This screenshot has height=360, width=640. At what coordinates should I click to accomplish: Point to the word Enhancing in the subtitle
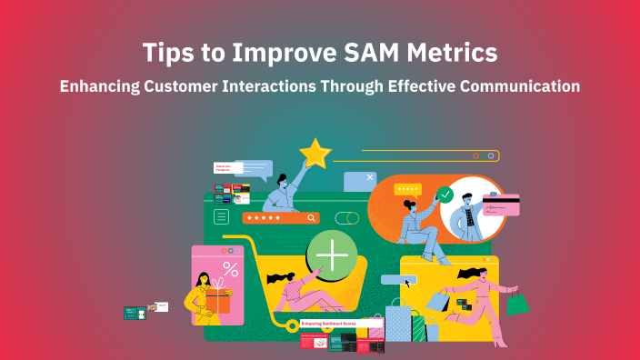click(104, 87)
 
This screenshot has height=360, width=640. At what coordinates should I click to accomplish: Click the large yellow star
click(315, 154)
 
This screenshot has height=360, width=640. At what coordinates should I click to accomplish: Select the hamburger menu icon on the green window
click(221, 216)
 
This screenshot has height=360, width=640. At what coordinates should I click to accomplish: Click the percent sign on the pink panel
click(231, 269)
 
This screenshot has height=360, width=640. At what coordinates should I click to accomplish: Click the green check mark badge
click(445, 194)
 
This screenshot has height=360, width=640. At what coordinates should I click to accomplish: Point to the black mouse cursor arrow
click(407, 283)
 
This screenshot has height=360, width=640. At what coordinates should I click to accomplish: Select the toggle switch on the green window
click(346, 218)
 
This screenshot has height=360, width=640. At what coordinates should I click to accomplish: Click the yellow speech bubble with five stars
click(407, 189)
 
